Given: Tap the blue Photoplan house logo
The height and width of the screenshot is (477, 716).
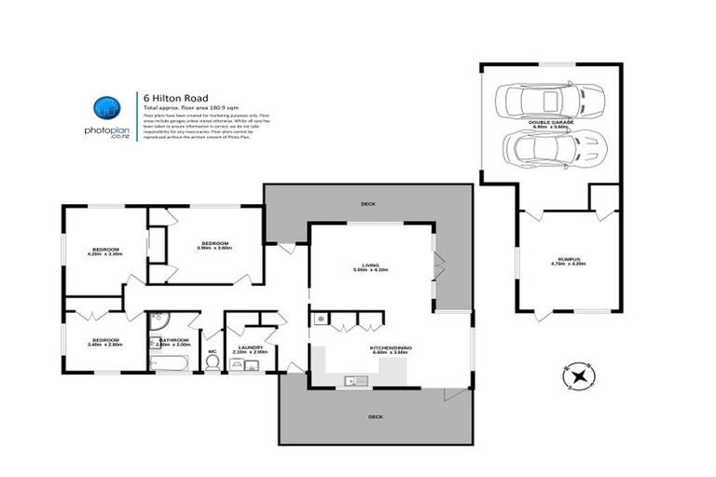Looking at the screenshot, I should pyautogui.click(x=107, y=107).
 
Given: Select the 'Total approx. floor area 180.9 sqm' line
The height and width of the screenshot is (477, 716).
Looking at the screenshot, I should pyautogui.click(x=183, y=108).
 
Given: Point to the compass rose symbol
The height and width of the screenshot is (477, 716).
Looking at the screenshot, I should pyautogui.click(x=579, y=376).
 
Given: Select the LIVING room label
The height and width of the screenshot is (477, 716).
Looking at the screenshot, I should pyautogui.click(x=370, y=265).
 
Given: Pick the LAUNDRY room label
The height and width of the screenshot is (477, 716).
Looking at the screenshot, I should pyautogui.click(x=249, y=348).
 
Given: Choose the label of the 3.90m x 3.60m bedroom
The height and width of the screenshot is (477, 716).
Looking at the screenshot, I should pyautogui.click(x=213, y=244).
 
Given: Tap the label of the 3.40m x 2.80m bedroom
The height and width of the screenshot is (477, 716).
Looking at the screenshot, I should pyautogui.click(x=104, y=341).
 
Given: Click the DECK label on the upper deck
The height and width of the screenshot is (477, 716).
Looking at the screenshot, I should pyautogui.click(x=368, y=202).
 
